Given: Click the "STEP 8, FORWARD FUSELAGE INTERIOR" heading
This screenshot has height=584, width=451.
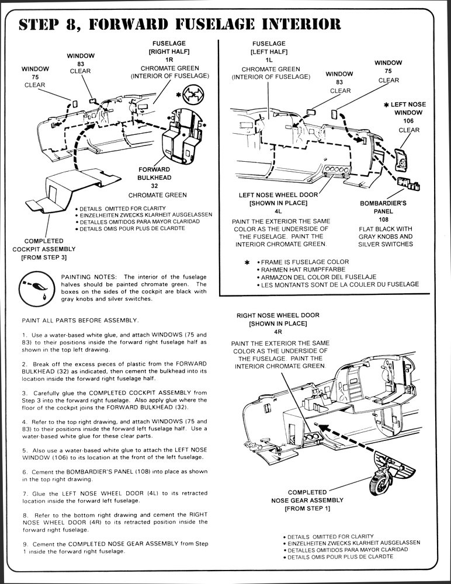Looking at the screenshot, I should click(x=179, y=25).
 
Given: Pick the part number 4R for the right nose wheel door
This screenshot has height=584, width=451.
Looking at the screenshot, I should click(x=278, y=331).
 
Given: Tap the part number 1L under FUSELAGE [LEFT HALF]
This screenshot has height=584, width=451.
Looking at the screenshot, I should click(x=269, y=60).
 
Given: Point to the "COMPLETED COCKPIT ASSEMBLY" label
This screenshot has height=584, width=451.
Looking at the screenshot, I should click(x=44, y=249).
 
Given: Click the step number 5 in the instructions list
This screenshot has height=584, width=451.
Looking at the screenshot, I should click(x=24, y=451).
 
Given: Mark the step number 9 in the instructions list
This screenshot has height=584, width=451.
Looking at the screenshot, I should click(x=24, y=544).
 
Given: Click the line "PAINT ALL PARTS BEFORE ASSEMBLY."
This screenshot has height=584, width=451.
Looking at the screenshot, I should click(x=81, y=320).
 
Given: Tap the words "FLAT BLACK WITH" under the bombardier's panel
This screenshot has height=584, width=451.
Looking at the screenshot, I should click(x=386, y=229).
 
